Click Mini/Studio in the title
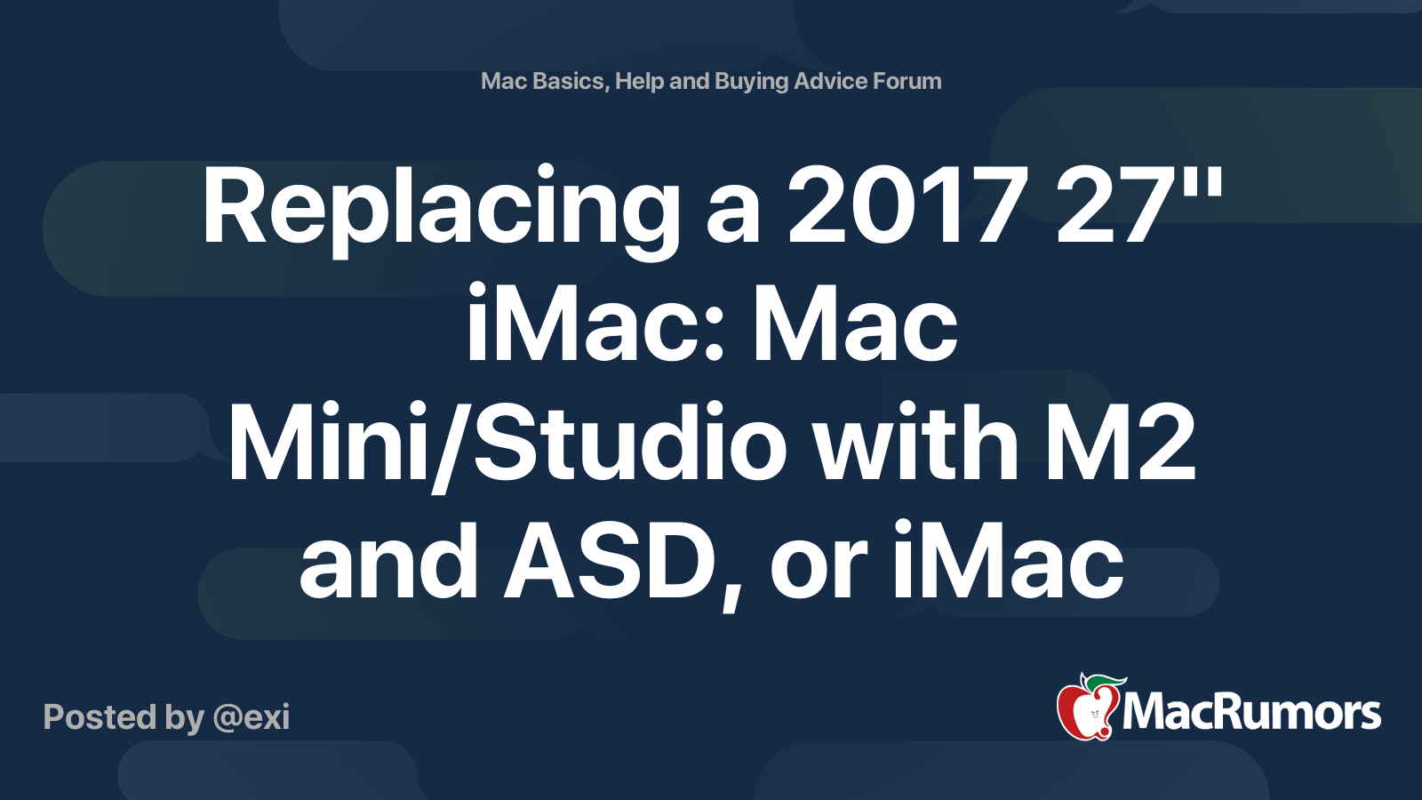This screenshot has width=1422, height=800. (x=507, y=444)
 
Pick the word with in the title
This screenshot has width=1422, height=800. (x=916, y=442)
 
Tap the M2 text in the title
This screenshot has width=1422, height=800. (x=1121, y=444)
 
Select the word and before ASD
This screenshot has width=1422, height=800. (x=390, y=562)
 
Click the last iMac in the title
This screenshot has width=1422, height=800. (x=1008, y=562)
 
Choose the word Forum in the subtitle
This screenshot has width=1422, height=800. (x=907, y=81)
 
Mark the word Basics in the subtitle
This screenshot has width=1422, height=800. (x=569, y=81)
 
